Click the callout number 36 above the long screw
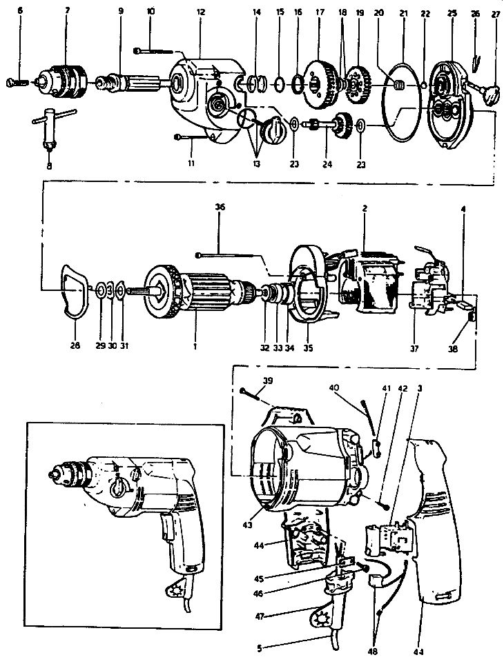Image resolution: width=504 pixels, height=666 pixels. click(x=220, y=206)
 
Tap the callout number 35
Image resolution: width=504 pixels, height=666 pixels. click(x=309, y=347)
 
